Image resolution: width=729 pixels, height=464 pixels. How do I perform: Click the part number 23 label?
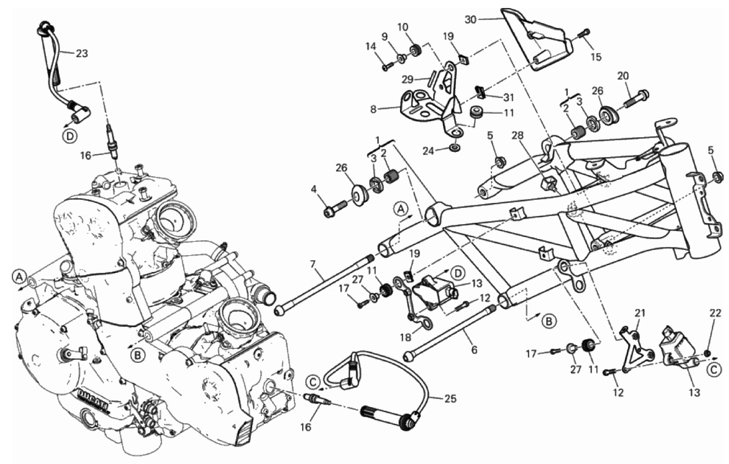(x=81, y=53)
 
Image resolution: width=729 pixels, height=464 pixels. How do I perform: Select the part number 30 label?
(x=471, y=19)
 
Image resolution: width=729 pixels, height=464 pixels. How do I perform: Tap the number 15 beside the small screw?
(x=596, y=57)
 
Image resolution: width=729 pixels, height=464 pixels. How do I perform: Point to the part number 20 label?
(x=623, y=76)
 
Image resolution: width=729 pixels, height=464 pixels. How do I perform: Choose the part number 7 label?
(x=313, y=264)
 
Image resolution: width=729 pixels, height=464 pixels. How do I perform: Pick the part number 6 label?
(x=474, y=350)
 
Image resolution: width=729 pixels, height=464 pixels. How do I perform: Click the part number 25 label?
(x=450, y=398)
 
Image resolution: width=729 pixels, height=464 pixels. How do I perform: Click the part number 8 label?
(x=373, y=109)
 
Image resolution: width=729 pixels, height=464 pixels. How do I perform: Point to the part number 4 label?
(x=314, y=189)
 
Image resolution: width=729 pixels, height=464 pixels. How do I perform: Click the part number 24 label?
(x=428, y=151)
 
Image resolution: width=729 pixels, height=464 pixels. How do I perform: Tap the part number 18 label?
(x=406, y=337)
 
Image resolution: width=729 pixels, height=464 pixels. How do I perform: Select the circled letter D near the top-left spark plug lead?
(x=70, y=136)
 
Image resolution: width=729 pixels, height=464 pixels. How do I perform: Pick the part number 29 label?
(x=408, y=79)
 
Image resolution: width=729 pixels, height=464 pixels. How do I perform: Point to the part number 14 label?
(x=371, y=46)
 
